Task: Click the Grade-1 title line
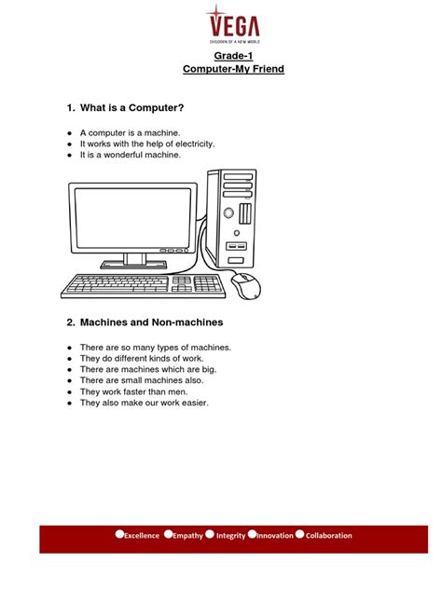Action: click(220, 57)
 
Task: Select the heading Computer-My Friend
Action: click(220, 70)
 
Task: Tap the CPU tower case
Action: click(236, 219)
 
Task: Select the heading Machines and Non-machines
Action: click(144, 322)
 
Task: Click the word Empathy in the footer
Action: click(187, 536)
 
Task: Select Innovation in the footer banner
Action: click(274, 536)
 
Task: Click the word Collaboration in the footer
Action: click(329, 536)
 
